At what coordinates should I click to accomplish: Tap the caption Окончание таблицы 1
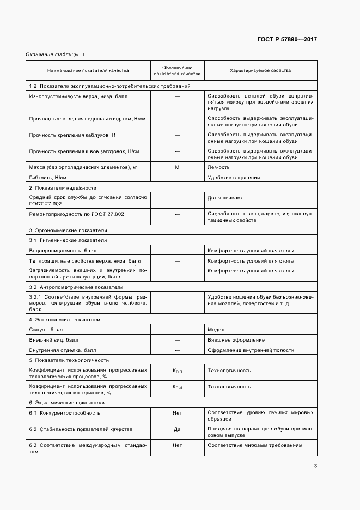[x=55, y=54]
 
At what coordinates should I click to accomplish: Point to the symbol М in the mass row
[x=177, y=167]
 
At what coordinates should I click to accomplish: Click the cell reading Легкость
[x=218, y=167]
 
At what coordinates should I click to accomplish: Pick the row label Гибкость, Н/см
[x=50, y=178]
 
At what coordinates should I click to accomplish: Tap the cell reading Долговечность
[x=227, y=198]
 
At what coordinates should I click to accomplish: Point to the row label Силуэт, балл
[x=46, y=330]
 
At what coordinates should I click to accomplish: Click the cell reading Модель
[x=217, y=330]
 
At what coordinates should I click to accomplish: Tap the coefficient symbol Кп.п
[x=177, y=371]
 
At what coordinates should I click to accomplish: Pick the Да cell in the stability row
[x=177, y=429]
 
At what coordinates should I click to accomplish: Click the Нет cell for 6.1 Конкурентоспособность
[x=177, y=413]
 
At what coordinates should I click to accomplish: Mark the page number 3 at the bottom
[x=315, y=466]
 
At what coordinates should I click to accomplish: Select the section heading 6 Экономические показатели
[x=66, y=402]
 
